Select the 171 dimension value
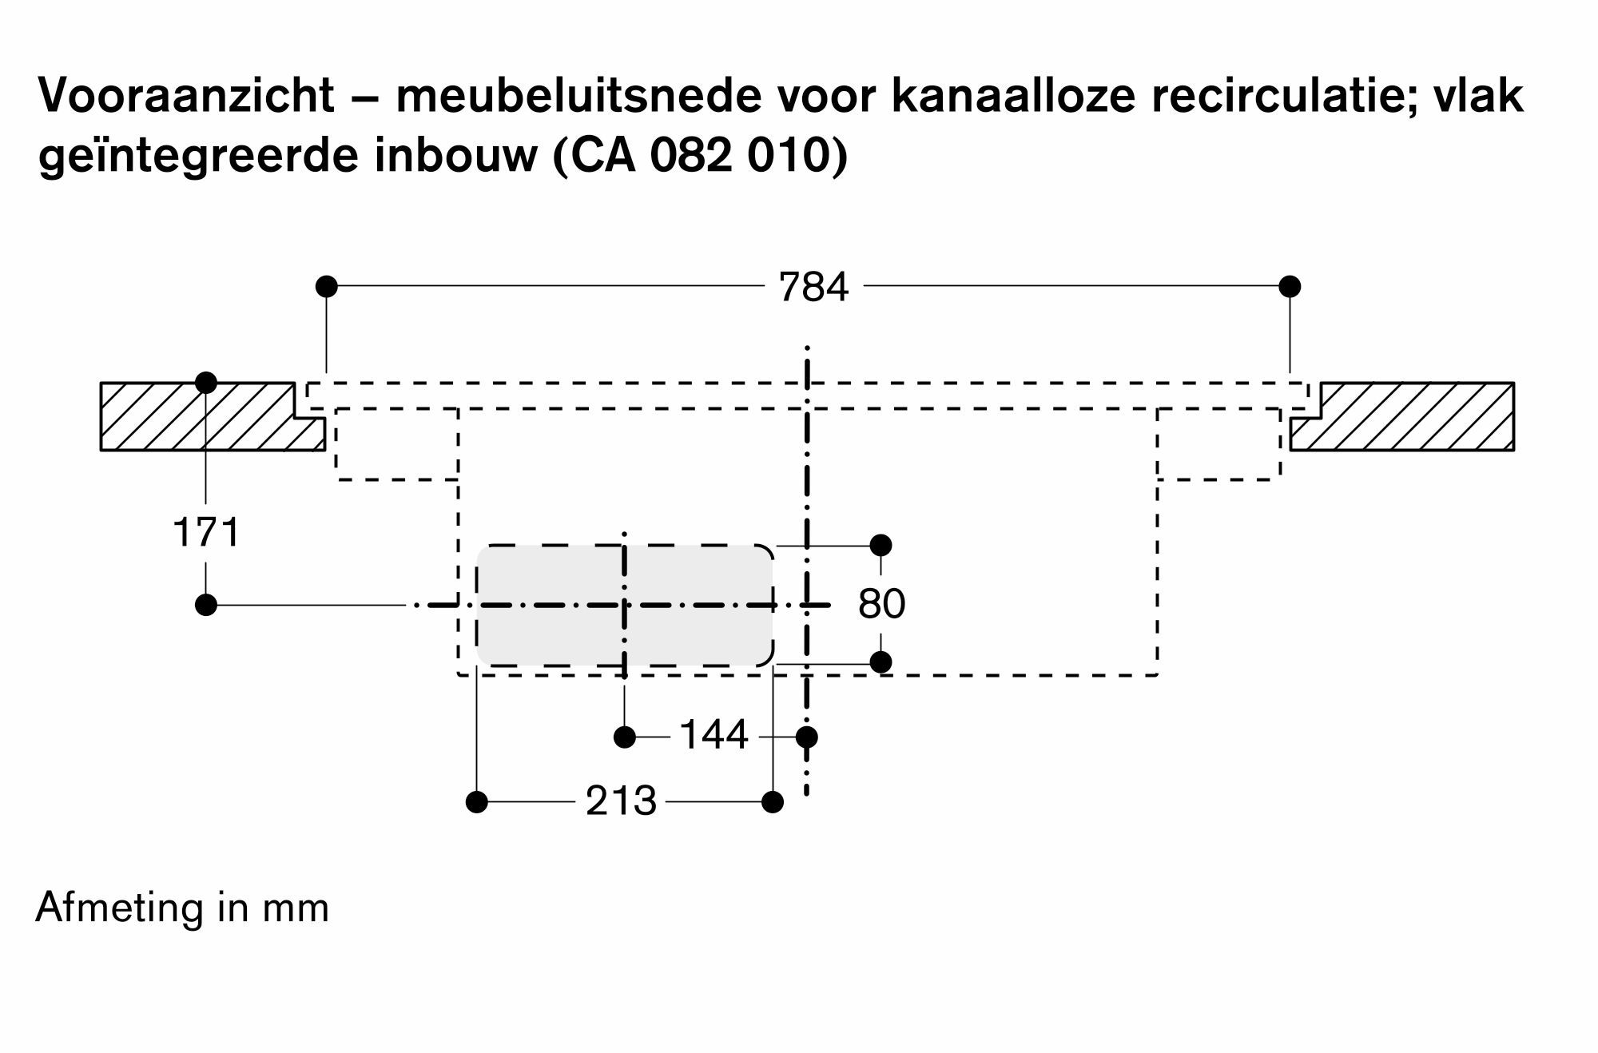point(206,533)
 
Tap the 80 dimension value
point(881,604)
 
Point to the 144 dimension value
point(714,735)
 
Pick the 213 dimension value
point(621,801)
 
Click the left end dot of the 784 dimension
point(327,286)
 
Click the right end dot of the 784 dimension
point(1290,286)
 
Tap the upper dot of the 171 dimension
point(206,383)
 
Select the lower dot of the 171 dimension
point(206,605)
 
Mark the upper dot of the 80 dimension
point(880,546)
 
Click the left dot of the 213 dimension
point(477,801)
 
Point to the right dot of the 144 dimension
point(807,737)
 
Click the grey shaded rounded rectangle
point(559,631)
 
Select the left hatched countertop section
point(200,417)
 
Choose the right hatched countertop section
point(1414,417)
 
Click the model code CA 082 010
point(699,155)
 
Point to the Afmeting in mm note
point(182,908)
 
